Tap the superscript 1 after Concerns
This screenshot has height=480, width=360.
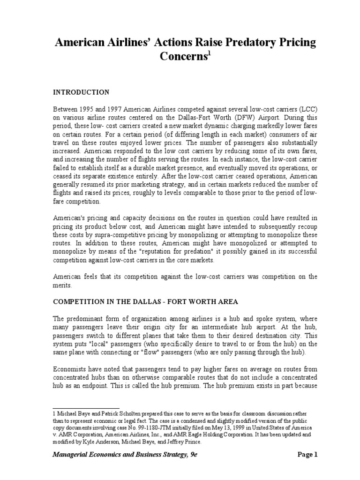210,54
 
